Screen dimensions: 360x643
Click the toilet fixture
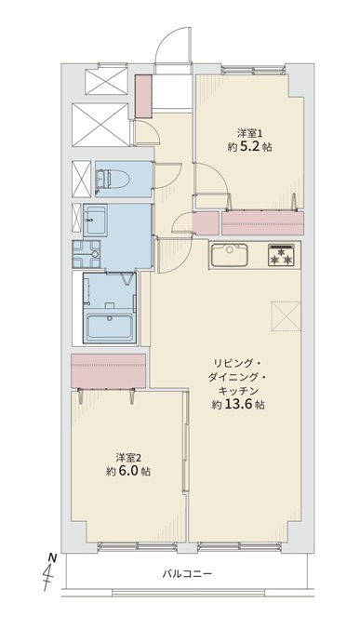pyautogui.click(x=113, y=179)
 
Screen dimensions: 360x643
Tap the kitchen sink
pyautogui.click(x=229, y=255)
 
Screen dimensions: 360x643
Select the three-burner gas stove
pyautogui.click(x=281, y=255)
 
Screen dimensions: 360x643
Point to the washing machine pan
pyautogui.click(x=87, y=254)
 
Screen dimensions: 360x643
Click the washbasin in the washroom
pyautogui.click(x=95, y=221)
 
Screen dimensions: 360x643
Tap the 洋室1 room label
pyautogui.click(x=249, y=133)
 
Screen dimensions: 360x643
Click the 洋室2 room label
pyautogui.click(x=128, y=457)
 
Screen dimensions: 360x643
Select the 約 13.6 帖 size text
pyautogui.click(x=238, y=405)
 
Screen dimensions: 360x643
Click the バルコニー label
pyautogui.click(x=187, y=573)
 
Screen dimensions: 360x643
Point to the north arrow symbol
pyautogui.click(x=49, y=573)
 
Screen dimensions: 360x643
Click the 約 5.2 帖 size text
pyautogui.click(x=249, y=147)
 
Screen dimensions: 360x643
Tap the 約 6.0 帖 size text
pyautogui.click(x=128, y=471)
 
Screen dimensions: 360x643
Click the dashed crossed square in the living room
pyautogui.click(x=286, y=315)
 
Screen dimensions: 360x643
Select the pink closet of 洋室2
pyautogui.click(x=108, y=370)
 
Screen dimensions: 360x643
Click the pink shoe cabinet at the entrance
pyautogui.click(x=143, y=96)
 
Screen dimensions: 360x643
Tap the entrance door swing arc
pyautogui.click(x=171, y=38)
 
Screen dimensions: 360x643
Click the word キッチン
pyautogui.click(x=238, y=391)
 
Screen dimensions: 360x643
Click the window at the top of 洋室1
pyautogui.click(x=253, y=69)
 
